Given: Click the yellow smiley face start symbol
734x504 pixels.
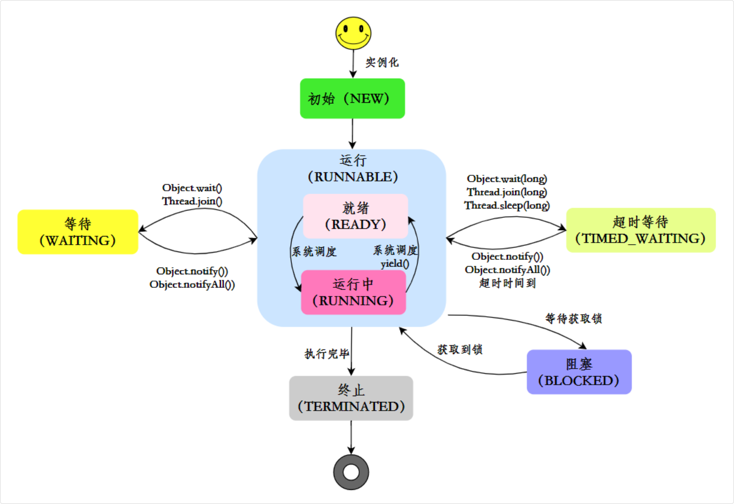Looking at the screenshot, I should pyautogui.click(x=353, y=33).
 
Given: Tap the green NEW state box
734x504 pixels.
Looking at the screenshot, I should pyautogui.click(x=352, y=99).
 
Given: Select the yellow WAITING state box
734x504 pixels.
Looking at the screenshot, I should pyautogui.click(x=78, y=232).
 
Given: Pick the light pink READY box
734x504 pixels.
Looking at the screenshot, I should pyautogui.click(x=356, y=216).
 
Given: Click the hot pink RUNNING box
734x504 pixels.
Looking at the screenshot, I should pyautogui.click(x=354, y=292).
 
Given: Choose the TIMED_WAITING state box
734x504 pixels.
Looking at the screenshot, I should pyautogui.click(x=641, y=230).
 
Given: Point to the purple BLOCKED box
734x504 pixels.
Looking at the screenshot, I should pyautogui.click(x=579, y=372).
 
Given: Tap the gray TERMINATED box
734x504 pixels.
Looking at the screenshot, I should pyautogui.click(x=351, y=398).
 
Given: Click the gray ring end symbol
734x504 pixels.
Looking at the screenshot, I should pyautogui.click(x=351, y=472).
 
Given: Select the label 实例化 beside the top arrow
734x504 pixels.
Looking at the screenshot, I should pyautogui.click(x=382, y=62).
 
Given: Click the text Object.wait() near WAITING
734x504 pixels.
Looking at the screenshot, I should pyautogui.click(x=192, y=188).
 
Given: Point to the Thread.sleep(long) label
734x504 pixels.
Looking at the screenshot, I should pyautogui.click(x=506, y=205).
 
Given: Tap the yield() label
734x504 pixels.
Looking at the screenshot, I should pyautogui.click(x=395, y=263).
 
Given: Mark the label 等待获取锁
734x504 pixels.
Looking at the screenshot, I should pyautogui.click(x=573, y=318).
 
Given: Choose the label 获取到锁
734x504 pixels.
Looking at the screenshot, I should pyautogui.click(x=460, y=349).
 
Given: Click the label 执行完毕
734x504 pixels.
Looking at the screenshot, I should pyautogui.click(x=327, y=354).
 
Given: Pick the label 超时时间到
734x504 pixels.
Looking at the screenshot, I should pyautogui.click(x=507, y=283).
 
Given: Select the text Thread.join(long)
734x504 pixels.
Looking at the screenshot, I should pyautogui.click(x=506, y=192).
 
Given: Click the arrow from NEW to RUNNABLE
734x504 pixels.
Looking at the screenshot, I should pyautogui.click(x=352, y=134).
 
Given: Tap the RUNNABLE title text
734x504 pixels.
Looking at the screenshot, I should pyautogui.click(x=353, y=176).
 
